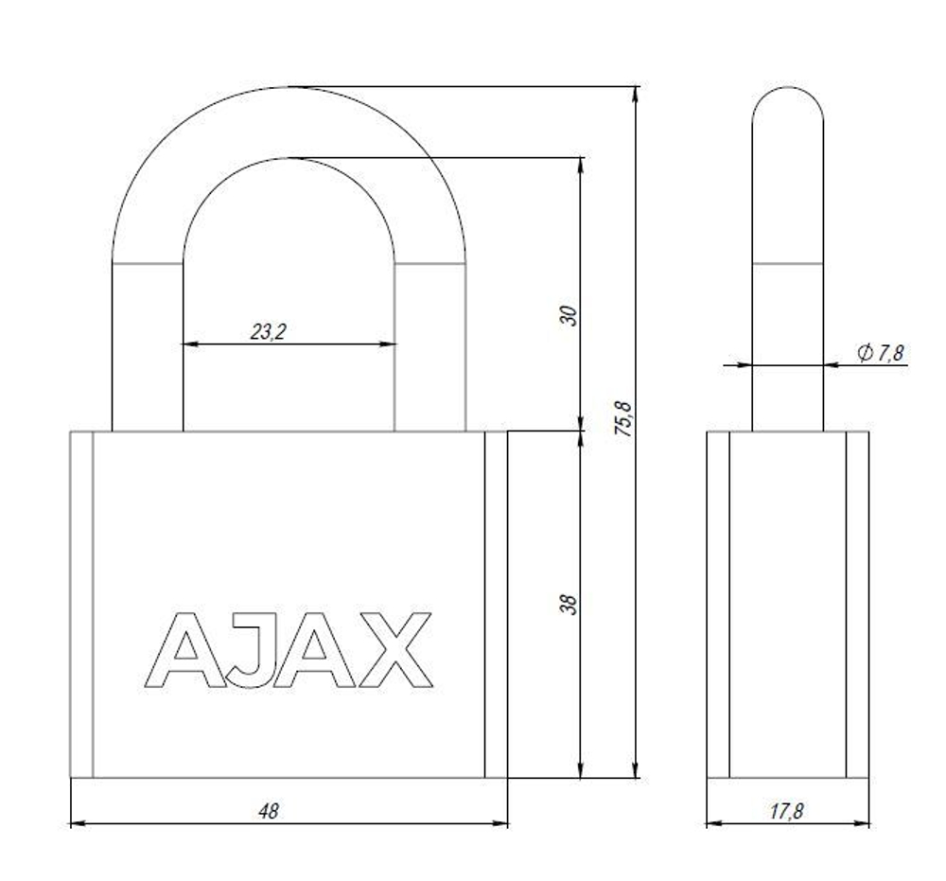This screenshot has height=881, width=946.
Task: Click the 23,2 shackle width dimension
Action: click(269, 332)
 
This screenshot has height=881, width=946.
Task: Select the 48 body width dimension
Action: click(270, 812)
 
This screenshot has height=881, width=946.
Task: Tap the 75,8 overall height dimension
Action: click(622, 417)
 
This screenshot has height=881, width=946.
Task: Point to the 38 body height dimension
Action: click(569, 605)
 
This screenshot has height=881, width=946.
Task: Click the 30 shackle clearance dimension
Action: click(569, 315)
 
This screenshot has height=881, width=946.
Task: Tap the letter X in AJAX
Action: click(392, 650)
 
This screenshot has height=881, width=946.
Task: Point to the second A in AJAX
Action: click(313, 650)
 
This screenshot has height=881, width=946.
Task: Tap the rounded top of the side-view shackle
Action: click(787, 104)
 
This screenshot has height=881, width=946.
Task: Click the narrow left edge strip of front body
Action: click(80, 605)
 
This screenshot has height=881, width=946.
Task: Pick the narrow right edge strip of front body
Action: click(496, 605)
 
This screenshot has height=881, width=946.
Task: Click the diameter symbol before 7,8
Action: click(864, 353)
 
